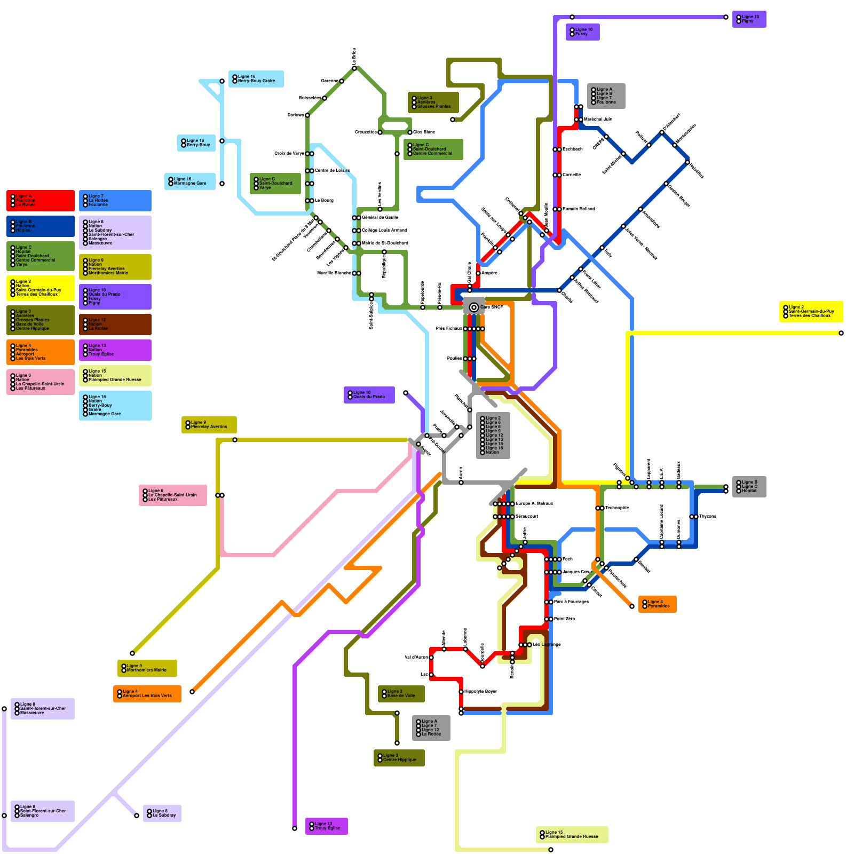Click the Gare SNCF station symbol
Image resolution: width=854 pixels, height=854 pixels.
click(473, 307)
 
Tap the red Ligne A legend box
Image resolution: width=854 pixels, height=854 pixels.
click(41, 201)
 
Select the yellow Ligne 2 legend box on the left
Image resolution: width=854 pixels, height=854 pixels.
click(41, 288)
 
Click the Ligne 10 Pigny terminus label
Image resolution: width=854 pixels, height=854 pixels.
click(749, 19)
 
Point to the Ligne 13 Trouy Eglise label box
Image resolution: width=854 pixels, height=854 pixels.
click(326, 826)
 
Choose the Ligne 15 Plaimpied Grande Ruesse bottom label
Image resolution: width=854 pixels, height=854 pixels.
click(572, 834)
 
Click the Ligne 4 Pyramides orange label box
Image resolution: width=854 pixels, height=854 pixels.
click(657, 604)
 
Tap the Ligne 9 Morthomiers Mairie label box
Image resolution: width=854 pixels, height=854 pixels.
click(147, 668)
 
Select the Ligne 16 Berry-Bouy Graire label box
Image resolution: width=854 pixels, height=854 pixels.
click(256, 79)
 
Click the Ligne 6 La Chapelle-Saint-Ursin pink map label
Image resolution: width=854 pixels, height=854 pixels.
click(172, 495)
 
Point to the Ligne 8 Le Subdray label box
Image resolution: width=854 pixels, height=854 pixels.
click(162, 813)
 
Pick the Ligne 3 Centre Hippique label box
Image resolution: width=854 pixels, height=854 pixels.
click(399, 758)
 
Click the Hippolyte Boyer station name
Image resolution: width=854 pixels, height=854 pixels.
click(480, 692)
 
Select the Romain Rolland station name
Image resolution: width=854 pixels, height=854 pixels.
click(579, 209)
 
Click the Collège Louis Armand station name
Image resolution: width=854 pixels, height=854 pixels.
click(384, 230)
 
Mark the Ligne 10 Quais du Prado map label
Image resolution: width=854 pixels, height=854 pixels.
click(369, 395)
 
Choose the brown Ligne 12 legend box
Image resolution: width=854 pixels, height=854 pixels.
click(115, 325)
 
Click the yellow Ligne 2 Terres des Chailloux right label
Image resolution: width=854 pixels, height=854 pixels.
click(811, 312)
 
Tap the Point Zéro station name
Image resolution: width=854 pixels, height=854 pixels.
click(565, 619)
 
